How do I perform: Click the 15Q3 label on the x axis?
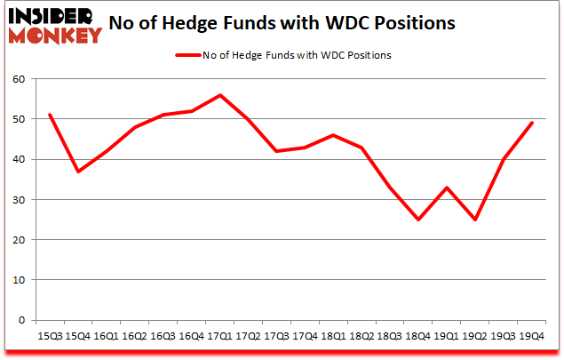(x=50, y=337)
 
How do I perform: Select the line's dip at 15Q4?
(x=78, y=172)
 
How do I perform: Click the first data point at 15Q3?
(x=50, y=116)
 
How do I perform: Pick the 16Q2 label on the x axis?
(x=134, y=337)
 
